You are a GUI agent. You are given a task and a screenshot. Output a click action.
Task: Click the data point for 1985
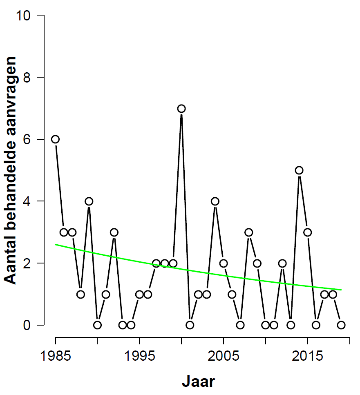click(x=55, y=139)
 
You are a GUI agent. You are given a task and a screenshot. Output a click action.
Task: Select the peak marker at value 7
click(x=181, y=108)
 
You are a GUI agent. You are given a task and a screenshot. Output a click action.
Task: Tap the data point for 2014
click(x=299, y=170)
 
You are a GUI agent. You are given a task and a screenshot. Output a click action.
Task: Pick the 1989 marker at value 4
click(x=89, y=201)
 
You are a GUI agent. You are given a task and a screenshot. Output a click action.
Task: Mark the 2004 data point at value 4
click(x=215, y=201)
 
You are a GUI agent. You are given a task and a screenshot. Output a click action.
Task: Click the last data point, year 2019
click(x=341, y=325)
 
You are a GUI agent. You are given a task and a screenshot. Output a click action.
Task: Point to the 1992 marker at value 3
click(x=114, y=232)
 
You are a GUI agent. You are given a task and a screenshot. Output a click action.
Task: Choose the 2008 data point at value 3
click(x=248, y=232)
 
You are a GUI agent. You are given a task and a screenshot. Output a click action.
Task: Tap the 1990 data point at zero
click(x=97, y=325)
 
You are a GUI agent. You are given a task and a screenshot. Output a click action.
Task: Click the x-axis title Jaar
click(x=198, y=382)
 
